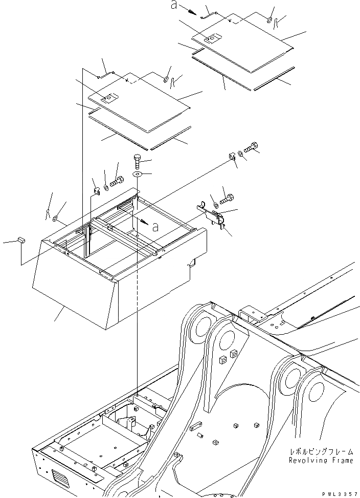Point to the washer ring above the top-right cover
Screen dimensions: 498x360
click(269, 20)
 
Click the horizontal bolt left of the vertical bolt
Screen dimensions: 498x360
click(118, 181)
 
